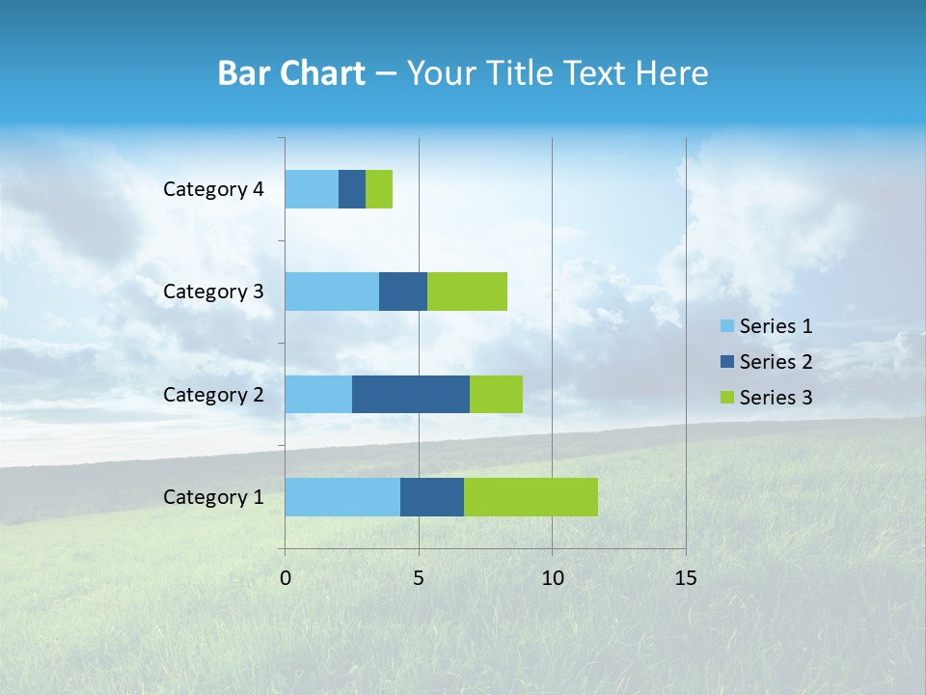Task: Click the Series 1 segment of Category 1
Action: tap(342, 497)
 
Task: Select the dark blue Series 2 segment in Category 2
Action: tap(411, 394)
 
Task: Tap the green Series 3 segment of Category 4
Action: tap(379, 189)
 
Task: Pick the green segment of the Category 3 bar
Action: tap(467, 292)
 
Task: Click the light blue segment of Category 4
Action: tap(312, 189)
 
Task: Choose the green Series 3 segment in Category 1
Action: tap(531, 497)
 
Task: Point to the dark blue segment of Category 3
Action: tap(403, 292)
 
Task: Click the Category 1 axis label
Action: tap(213, 497)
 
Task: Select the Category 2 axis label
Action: tap(213, 394)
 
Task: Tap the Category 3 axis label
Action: tap(213, 292)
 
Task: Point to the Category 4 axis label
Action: tap(213, 189)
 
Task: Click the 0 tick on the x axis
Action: tap(286, 578)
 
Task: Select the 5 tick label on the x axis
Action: tap(419, 578)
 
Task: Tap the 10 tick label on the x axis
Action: tap(552, 578)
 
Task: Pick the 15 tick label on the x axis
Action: tap(686, 578)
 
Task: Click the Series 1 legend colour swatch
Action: tap(727, 326)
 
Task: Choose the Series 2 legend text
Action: tap(776, 362)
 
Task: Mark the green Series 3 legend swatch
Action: tap(727, 398)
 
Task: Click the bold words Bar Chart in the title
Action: tap(291, 73)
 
